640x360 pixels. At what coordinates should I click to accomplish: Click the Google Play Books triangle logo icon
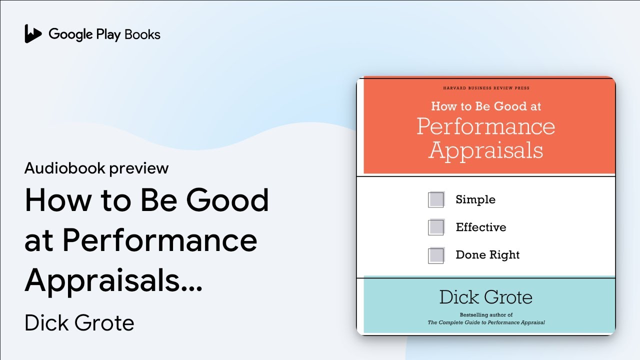[33, 33]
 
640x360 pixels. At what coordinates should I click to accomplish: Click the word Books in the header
[142, 34]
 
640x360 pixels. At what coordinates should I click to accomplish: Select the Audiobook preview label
[96, 168]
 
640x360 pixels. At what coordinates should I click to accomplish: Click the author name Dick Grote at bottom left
[79, 322]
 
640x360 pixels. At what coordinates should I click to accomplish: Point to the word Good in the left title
[227, 200]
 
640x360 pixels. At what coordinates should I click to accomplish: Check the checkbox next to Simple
[436, 199]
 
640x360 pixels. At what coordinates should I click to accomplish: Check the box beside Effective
[436, 227]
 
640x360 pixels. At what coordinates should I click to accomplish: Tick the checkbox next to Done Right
[436, 255]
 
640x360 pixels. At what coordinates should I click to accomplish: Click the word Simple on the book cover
[475, 199]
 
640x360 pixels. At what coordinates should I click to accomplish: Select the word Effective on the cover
[481, 227]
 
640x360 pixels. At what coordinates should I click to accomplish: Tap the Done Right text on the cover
[487, 254]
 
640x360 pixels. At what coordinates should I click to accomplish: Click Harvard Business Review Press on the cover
[486, 88]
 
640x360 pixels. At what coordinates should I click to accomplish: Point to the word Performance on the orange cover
[486, 126]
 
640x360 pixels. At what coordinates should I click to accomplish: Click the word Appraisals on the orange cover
[486, 150]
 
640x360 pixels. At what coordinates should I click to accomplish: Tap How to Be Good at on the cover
[486, 106]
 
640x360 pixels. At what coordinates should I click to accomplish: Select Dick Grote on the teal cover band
[486, 297]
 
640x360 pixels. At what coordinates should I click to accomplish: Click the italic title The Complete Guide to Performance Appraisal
[486, 322]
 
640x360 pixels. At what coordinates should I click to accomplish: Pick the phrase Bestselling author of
[486, 315]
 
